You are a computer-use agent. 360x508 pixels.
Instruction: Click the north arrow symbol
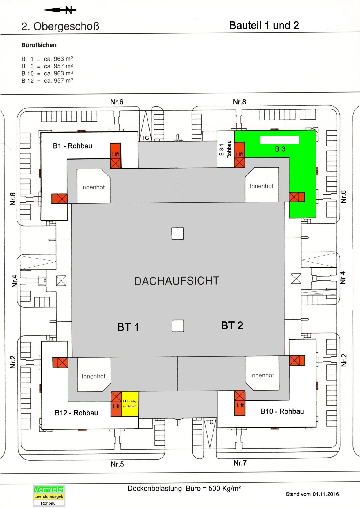[59, 10]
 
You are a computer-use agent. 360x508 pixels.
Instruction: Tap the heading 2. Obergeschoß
[60, 26]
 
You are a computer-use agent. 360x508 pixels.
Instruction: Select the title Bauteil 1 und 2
[264, 26]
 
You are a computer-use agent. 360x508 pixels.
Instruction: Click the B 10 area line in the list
[47, 73]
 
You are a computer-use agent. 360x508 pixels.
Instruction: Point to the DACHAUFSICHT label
[177, 281]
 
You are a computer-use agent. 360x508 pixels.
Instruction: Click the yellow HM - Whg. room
[130, 404]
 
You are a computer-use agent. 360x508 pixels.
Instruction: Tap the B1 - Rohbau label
[73, 146]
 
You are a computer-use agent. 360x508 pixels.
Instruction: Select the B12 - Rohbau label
[76, 413]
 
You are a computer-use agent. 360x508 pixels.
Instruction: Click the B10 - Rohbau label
[282, 411]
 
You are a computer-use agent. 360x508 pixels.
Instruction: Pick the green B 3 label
[280, 149]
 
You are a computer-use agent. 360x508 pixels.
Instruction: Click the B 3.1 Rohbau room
[225, 149]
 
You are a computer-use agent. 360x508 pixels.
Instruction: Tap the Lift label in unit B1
[115, 154]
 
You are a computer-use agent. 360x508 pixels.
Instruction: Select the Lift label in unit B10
[240, 405]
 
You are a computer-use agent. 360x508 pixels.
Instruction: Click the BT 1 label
[128, 327]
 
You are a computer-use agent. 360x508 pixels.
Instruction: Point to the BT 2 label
[232, 325]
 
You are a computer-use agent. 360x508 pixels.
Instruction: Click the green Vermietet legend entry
[49, 489]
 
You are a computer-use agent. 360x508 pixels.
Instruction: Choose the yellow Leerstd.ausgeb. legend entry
[49, 496]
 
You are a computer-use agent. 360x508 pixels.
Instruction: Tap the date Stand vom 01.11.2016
[312, 494]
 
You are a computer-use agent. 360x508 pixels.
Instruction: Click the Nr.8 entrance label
[239, 102]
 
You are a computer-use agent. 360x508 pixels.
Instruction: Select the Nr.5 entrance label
[117, 464]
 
